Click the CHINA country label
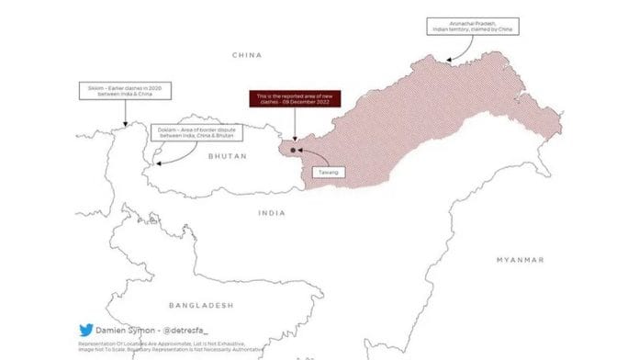click(248, 55)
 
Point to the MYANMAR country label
click(520, 260)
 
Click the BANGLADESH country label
click(201, 304)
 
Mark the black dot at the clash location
click(293, 149)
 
